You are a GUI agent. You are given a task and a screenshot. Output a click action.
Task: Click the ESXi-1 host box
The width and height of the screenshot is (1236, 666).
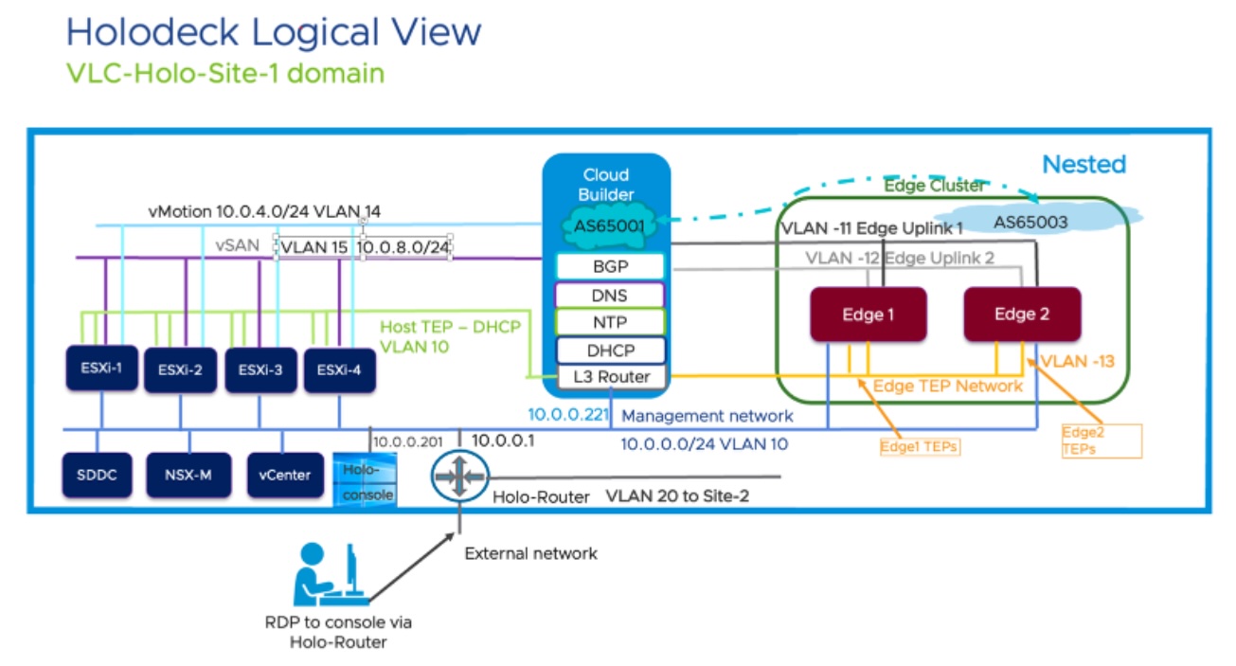pyautogui.click(x=100, y=369)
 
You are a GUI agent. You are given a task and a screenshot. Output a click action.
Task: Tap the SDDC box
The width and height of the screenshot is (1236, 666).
pyautogui.click(x=97, y=474)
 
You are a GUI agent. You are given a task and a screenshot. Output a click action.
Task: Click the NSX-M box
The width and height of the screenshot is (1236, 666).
pyautogui.click(x=189, y=474)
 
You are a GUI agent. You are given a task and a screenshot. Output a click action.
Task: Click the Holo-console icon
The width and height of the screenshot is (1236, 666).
pyautogui.click(x=364, y=479)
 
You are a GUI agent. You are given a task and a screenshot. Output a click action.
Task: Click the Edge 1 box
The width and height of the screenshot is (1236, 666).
pyautogui.click(x=869, y=315)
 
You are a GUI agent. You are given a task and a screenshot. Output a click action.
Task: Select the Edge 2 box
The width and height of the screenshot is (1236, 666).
pyautogui.click(x=1021, y=315)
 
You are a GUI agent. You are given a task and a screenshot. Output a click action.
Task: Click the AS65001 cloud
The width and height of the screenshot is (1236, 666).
pyautogui.click(x=605, y=228)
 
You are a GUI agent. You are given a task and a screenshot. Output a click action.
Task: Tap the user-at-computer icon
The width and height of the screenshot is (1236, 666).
pyautogui.click(x=326, y=574)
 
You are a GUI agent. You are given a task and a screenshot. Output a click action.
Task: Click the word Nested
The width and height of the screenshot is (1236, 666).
pyautogui.click(x=1084, y=165)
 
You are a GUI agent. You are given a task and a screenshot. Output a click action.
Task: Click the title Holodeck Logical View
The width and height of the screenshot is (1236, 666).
pyautogui.click(x=274, y=32)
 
